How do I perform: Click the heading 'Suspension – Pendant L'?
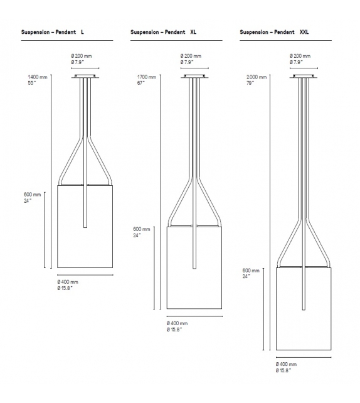point(53,32)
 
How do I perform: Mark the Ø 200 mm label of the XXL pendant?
point(301,56)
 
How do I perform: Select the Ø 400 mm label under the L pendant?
point(68,282)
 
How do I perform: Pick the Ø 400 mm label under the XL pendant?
point(177,323)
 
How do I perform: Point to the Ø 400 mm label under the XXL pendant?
point(286,365)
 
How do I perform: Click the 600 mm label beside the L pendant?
point(32,195)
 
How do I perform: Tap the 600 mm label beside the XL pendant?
point(142,230)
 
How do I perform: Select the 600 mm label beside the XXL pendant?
point(251,271)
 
